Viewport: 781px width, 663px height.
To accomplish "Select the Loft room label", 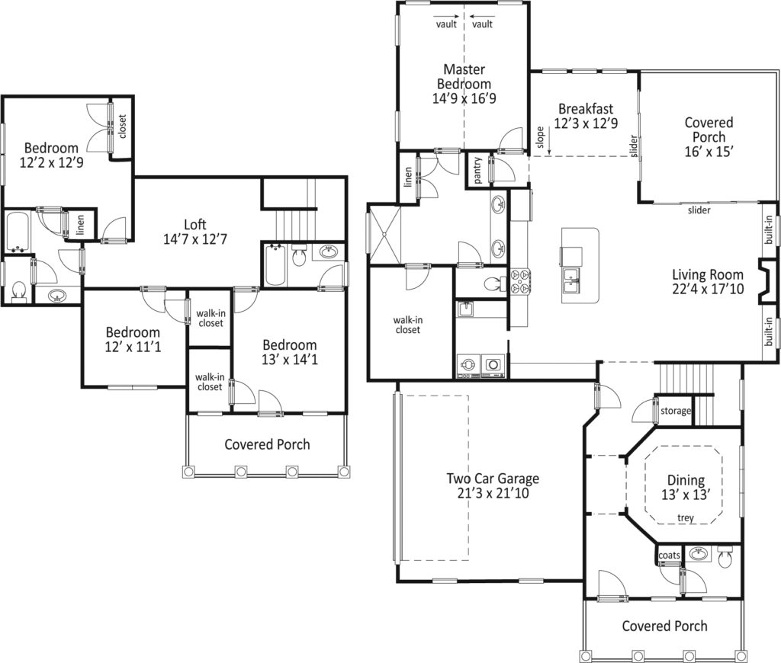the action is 194,225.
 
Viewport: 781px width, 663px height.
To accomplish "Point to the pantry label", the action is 477,170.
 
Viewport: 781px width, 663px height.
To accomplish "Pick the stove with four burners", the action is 520,281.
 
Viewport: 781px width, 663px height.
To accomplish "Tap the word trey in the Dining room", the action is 686,518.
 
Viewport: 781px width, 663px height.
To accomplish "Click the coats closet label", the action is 669,555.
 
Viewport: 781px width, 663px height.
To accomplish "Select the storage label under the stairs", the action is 676,412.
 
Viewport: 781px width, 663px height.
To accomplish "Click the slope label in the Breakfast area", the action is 541,137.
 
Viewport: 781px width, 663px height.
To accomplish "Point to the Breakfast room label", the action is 586,108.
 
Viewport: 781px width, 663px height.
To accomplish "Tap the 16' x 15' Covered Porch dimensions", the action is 709,152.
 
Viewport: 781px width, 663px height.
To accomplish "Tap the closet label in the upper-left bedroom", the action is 122,127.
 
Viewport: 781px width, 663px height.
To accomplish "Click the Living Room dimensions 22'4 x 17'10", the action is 708,289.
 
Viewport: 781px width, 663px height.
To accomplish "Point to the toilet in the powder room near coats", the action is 725,558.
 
